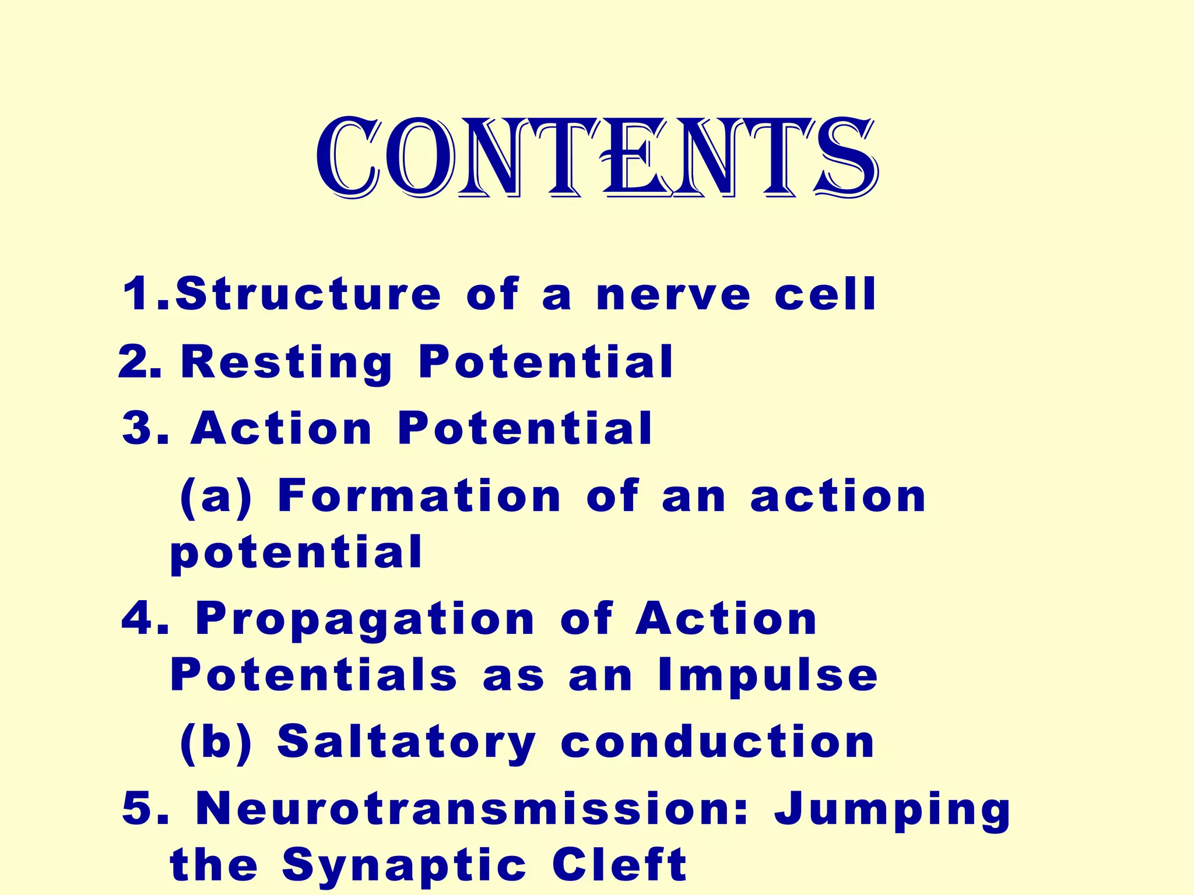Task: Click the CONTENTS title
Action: pos(596,157)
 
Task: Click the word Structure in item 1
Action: pos(308,294)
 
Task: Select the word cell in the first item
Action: pos(825,294)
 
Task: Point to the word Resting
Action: pos(287,363)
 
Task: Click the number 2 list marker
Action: pos(139,362)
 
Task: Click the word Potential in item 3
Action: pos(525,429)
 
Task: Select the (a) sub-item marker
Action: pos(216,497)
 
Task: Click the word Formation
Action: pos(419,496)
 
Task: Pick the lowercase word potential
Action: pos(296,554)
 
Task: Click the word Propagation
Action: pos(365,619)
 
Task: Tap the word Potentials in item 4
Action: pos(314,675)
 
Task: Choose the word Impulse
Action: pos(768,676)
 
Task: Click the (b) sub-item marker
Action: pos(216,743)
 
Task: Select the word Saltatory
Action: pos(406,743)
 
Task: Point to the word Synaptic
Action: pos(405,866)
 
